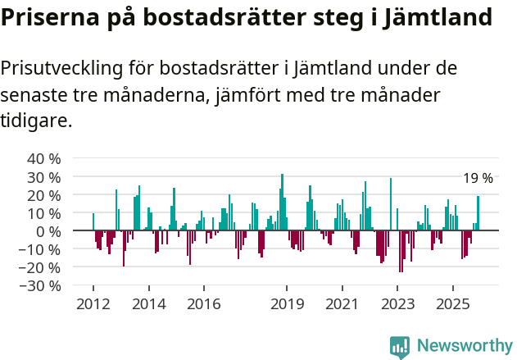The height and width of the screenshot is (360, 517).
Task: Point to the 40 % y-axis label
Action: [x=44, y=158]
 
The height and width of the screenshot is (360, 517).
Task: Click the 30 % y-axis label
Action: [x=44, y=176]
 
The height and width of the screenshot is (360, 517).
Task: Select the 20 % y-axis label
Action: [x=44, y=195]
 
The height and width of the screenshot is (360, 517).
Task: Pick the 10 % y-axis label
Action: [x=44, y=213]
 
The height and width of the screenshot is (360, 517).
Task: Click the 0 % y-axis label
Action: [x=48, y=231]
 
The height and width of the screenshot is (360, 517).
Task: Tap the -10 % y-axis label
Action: [x=42, y=249]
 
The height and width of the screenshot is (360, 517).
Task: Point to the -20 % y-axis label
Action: [x=42, y=267]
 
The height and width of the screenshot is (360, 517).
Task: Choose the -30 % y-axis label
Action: [x=42, y=286]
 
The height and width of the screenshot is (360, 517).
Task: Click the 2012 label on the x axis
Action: [x=93, y=304]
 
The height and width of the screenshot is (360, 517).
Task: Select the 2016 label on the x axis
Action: [x=203, y=304]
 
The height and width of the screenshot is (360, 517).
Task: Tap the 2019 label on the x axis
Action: [x=286, y=304]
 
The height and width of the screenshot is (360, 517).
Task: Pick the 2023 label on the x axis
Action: [x=397, y=304]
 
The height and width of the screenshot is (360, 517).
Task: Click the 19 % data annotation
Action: [x=478, y=178]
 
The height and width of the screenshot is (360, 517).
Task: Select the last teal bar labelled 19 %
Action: [x=478, y=213]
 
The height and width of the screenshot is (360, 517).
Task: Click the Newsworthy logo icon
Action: [x=400, y=347]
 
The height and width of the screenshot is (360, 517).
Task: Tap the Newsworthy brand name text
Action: [x=464, y=346]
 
